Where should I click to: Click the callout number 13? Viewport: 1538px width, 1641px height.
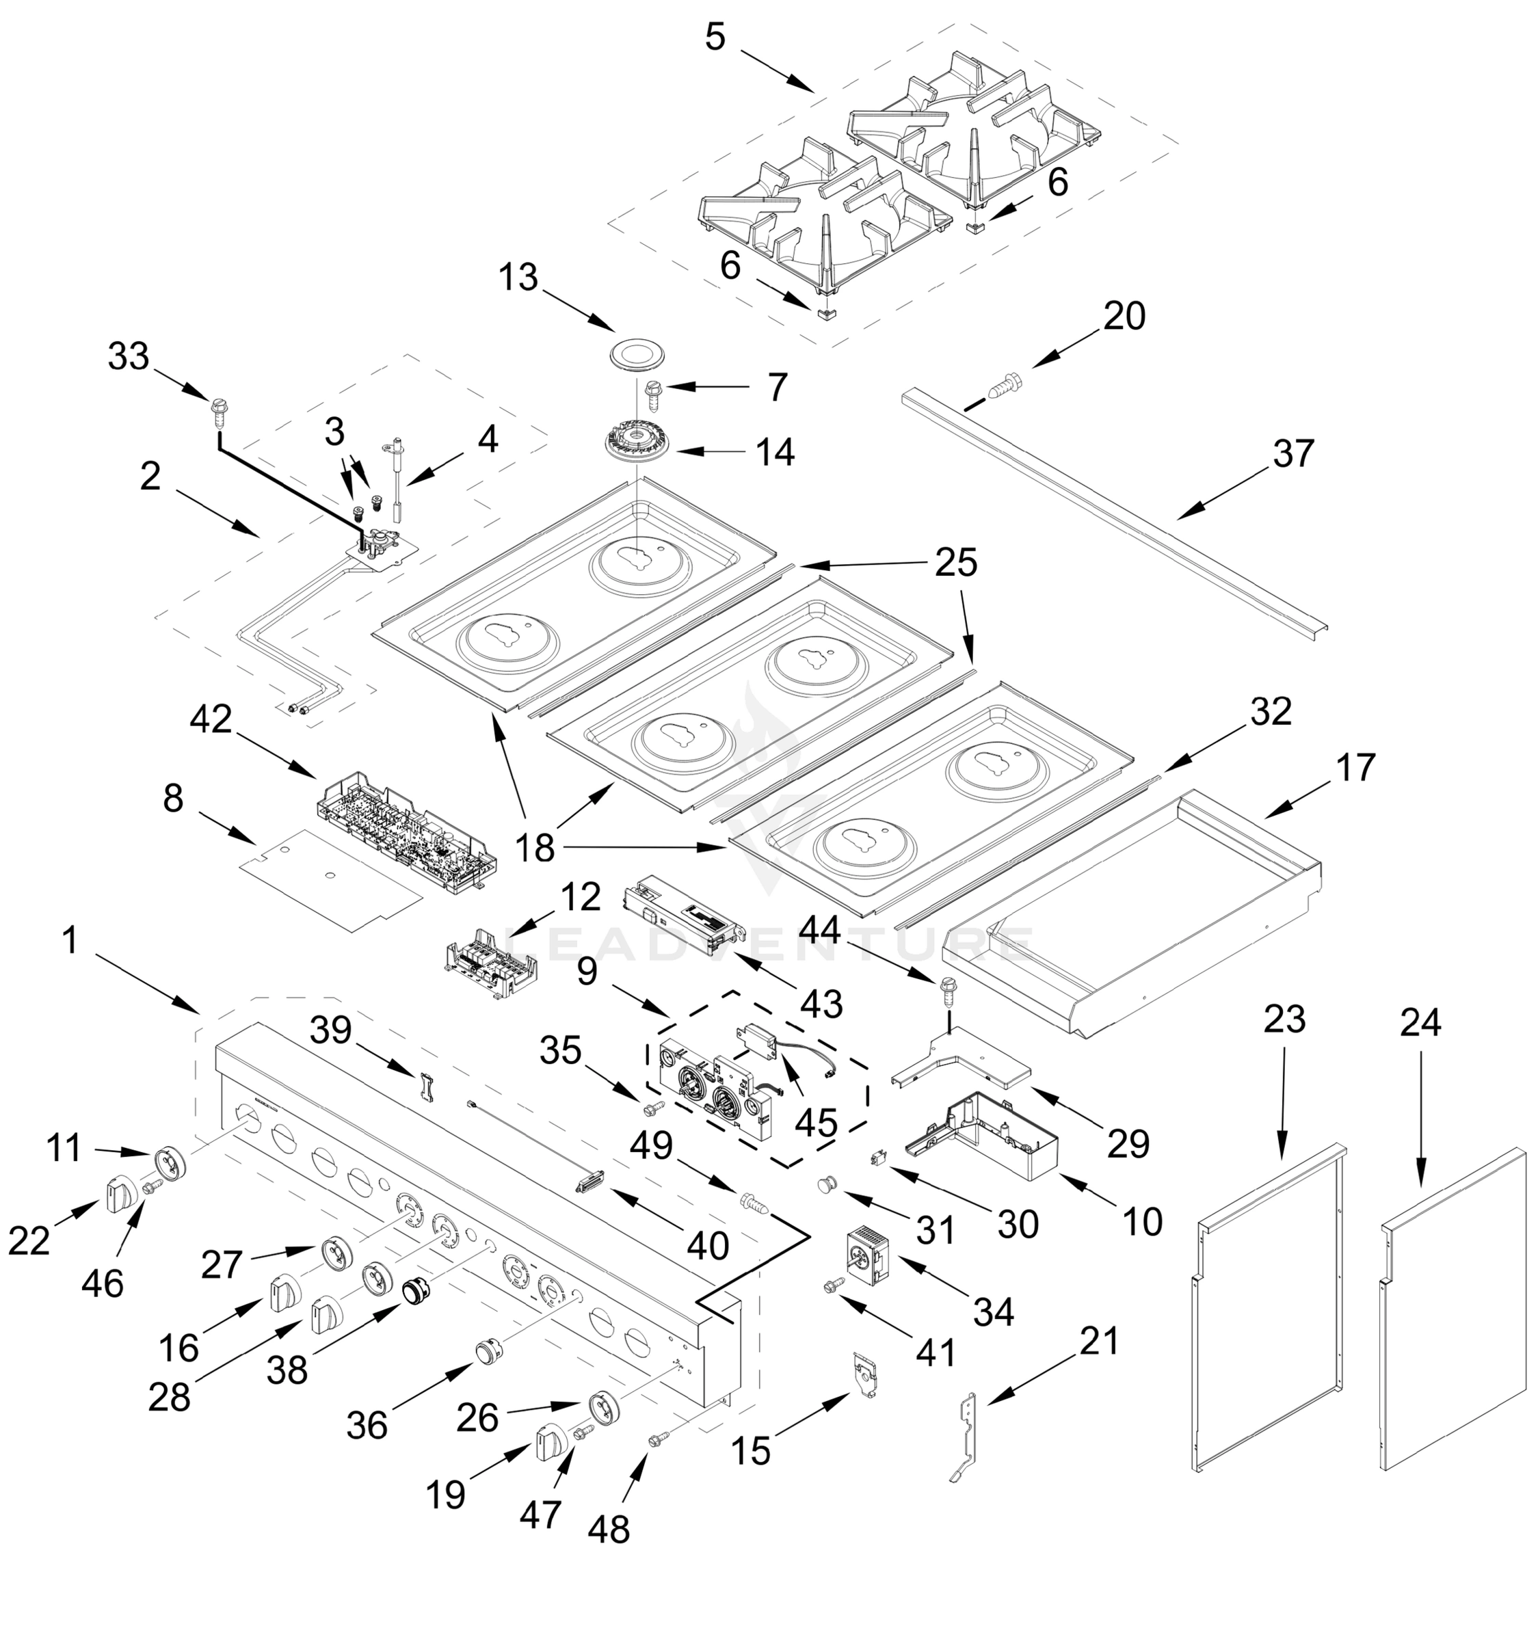click(x=518, y=278)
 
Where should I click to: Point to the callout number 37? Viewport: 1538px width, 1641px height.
click(x=1292, y=454)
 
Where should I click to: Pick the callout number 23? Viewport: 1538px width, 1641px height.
click(x=1284, y=1020)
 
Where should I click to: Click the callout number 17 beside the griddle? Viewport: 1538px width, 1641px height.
click(x=1355, y=768)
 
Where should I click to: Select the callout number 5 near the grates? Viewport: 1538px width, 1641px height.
click(x=715, y=37)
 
